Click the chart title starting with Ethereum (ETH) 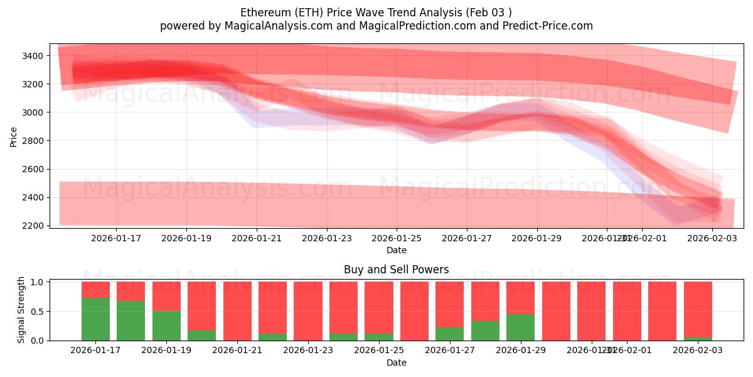pyautogui.click(x=376, y=13)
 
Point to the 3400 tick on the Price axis pyautogui.click(x=31, y=56)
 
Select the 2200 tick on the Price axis pyautogui.click(x=31, y=226)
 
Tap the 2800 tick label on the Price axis pyautogui.click(x=31, y=141)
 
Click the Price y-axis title pyautogui.click(x=14, y=136)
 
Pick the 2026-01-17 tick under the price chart pyautogui.click(x=116, y=238)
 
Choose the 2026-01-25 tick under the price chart pyautogui.click(x=397, y=238)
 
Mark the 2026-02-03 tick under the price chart pyautogui.click(x=712, y=238)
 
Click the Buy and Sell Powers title pyautogui.click(x=396, y=270)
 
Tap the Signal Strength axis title pyautogui.click(x=21, y=310)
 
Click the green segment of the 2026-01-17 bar pyautogui.click(x=95, y=319)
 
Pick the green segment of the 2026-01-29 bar pyautogui.click(x=520, y=327)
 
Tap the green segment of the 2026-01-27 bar pyautogui.click(x=449, y=334)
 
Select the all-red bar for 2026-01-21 pyautogui.click(x=237, y=311)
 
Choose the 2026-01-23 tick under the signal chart pyautogui.click(x=308, y=350)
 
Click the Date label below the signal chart pyautogui.click(x=396, y=363)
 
